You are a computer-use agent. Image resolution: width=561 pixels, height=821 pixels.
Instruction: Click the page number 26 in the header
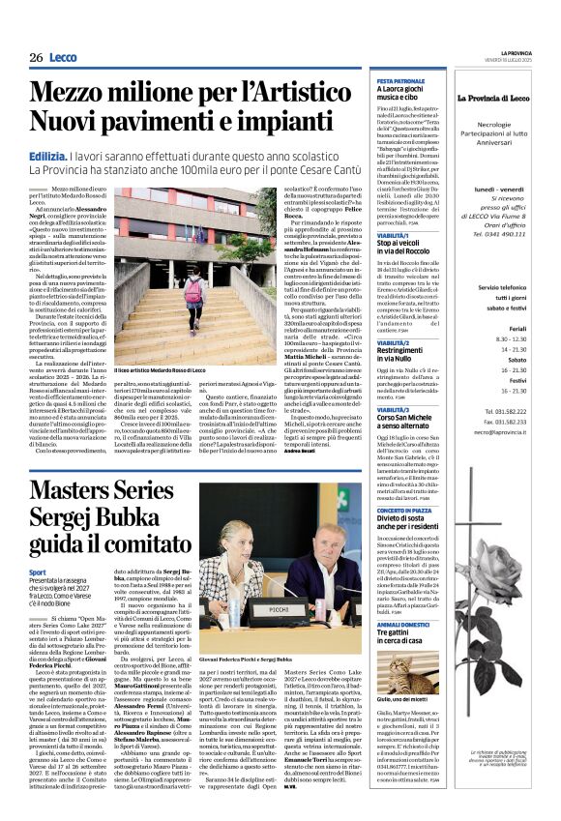(36, 58)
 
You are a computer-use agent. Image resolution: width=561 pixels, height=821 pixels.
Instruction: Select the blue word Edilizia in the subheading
(49, 156)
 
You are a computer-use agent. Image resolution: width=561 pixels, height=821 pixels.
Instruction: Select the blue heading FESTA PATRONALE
(400, 81)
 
